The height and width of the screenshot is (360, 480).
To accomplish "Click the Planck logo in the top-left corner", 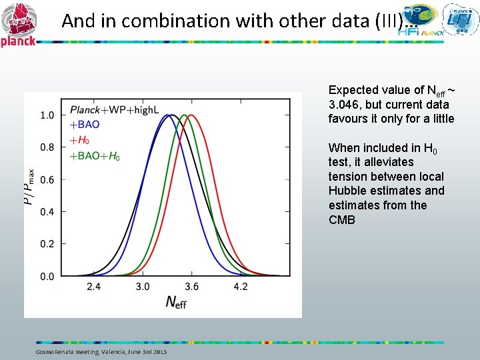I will pyautogui.click(x=19, y=24).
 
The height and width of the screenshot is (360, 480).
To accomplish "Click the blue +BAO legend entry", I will pyautogui.click(x=85, y=125).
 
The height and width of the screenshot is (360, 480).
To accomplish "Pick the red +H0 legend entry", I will pyautogui.click(x=79, y=141).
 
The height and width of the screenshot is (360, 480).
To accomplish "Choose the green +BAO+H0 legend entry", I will pyautogui.click(x=95, y=156).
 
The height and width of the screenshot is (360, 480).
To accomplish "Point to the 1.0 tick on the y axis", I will pyautogui.click(x=47, y=115).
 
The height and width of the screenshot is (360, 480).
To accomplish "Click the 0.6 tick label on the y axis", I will pyautogui.click(x=47, y=179).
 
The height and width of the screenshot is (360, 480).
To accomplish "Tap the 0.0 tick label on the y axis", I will pyautogui.click(x=47, y=276).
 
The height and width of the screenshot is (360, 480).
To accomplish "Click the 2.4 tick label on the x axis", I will pyautogui.click(x=93, y=287).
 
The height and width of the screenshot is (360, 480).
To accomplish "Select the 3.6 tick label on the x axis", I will pyautogui.click(x=191, y=287).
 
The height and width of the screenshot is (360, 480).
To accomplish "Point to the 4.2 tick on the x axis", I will pyautogui.click(x=241, y=287).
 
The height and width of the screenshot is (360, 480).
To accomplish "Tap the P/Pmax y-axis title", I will pyautogui.click(x=30, y=185).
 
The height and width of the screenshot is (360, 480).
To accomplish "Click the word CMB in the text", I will pyautogui.click(x=342, y=220).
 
